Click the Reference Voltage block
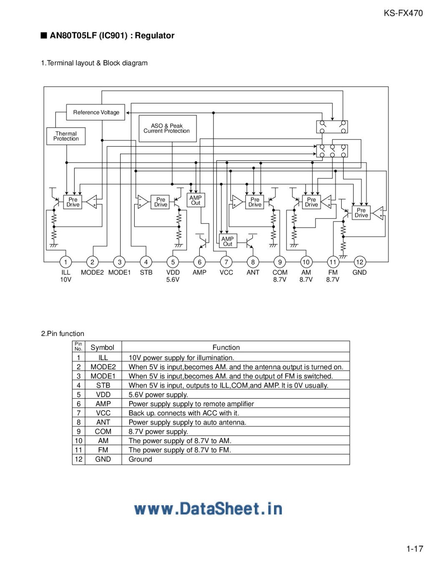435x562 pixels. [96, 112]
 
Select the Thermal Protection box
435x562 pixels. [66, 136]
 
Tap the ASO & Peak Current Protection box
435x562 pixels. [167, 128]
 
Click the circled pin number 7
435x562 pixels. [226, 262]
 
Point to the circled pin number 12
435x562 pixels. [360, 262]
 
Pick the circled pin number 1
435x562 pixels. [65, 262]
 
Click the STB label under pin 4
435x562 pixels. [146, 273]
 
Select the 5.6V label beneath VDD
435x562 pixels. [173, 280]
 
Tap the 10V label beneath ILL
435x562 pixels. [65, 280]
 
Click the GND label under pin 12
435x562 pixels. [359, 273]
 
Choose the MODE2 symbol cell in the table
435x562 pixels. [103, 367]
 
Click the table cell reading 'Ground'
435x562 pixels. [140, 459]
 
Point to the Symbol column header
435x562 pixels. [102, 347]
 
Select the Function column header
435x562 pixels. [226, 347]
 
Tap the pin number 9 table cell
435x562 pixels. [78, 431]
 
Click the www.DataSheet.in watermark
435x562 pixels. [208, 509]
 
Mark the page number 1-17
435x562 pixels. [415, 549]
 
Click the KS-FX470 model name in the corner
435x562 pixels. [403, 13]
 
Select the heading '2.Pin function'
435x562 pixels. [63, 333]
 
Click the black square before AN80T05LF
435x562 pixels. [43, 35]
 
